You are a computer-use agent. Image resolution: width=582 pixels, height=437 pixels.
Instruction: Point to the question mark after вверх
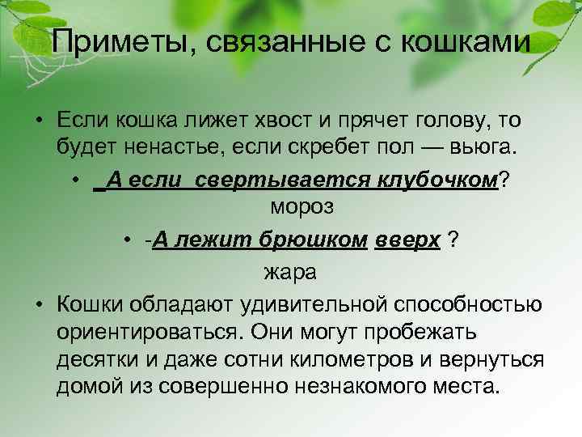(x=453, y=241)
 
